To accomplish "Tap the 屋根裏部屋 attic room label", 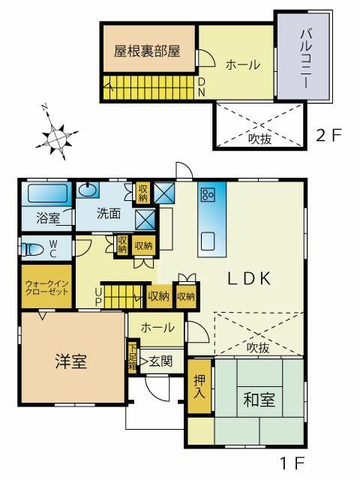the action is point(147,51).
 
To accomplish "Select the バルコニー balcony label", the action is point(306,58).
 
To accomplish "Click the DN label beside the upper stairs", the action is point(201,87).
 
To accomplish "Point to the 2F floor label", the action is point(328,135).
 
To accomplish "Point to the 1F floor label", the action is point(292,463).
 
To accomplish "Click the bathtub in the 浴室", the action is point(47,193).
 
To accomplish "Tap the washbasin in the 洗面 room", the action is point(88,190).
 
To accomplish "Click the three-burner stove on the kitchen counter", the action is point(208,195).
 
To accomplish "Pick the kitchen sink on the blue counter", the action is point(208,241).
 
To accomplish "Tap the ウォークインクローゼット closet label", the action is point(46,287).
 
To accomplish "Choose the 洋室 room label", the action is point(71,361).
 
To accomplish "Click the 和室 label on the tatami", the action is point(259,400).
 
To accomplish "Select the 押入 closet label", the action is point(199,387).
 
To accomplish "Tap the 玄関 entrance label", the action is point(160,361).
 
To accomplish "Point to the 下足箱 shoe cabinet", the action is point(133,357).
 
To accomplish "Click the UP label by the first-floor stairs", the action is point(98,297).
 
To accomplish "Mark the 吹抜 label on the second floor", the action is point(259,139).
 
